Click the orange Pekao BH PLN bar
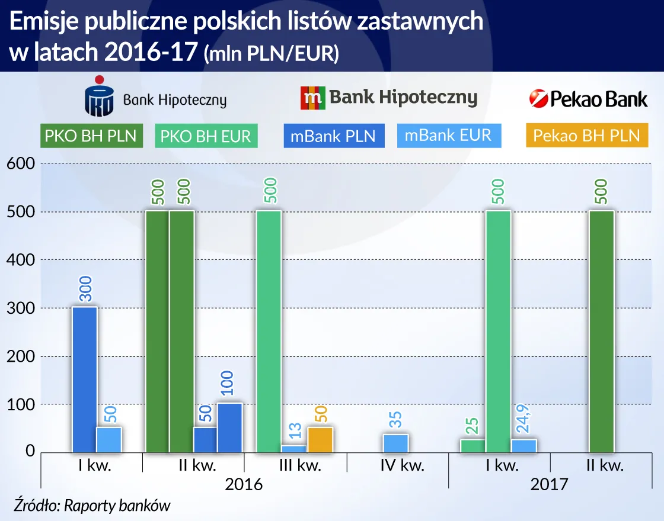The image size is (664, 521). pyautogui.click(x=320, y=439)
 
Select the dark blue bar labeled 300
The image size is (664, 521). pyautogui.click(x=84, y=379)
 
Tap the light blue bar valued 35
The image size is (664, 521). pyautogui.click(x=395, y=443)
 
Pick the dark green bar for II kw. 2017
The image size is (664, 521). pyautogui.click(x=602, y=332)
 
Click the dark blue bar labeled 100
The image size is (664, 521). pyautogui.click(x=229, y=427)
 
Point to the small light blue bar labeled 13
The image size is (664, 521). pyautogui.click(x=293, y=448)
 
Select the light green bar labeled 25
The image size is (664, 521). pyautogui.click(x=473, y=445)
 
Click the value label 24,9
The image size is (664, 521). pyautogui.click(x=525, y=419)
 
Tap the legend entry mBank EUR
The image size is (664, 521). pyautogui.click(x=448, y=136)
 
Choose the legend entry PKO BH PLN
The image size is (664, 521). pyautogui.click(x=90, y=136)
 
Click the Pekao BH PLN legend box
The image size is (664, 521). pyautogui.click(x=586, y=136)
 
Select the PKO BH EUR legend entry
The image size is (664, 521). pyautogui.click(x=206, y=136)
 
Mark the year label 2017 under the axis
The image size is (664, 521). pyautogui.click(x=549, y=484)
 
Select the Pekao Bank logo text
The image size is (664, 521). pyautogui.click(x=589, y=99)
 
